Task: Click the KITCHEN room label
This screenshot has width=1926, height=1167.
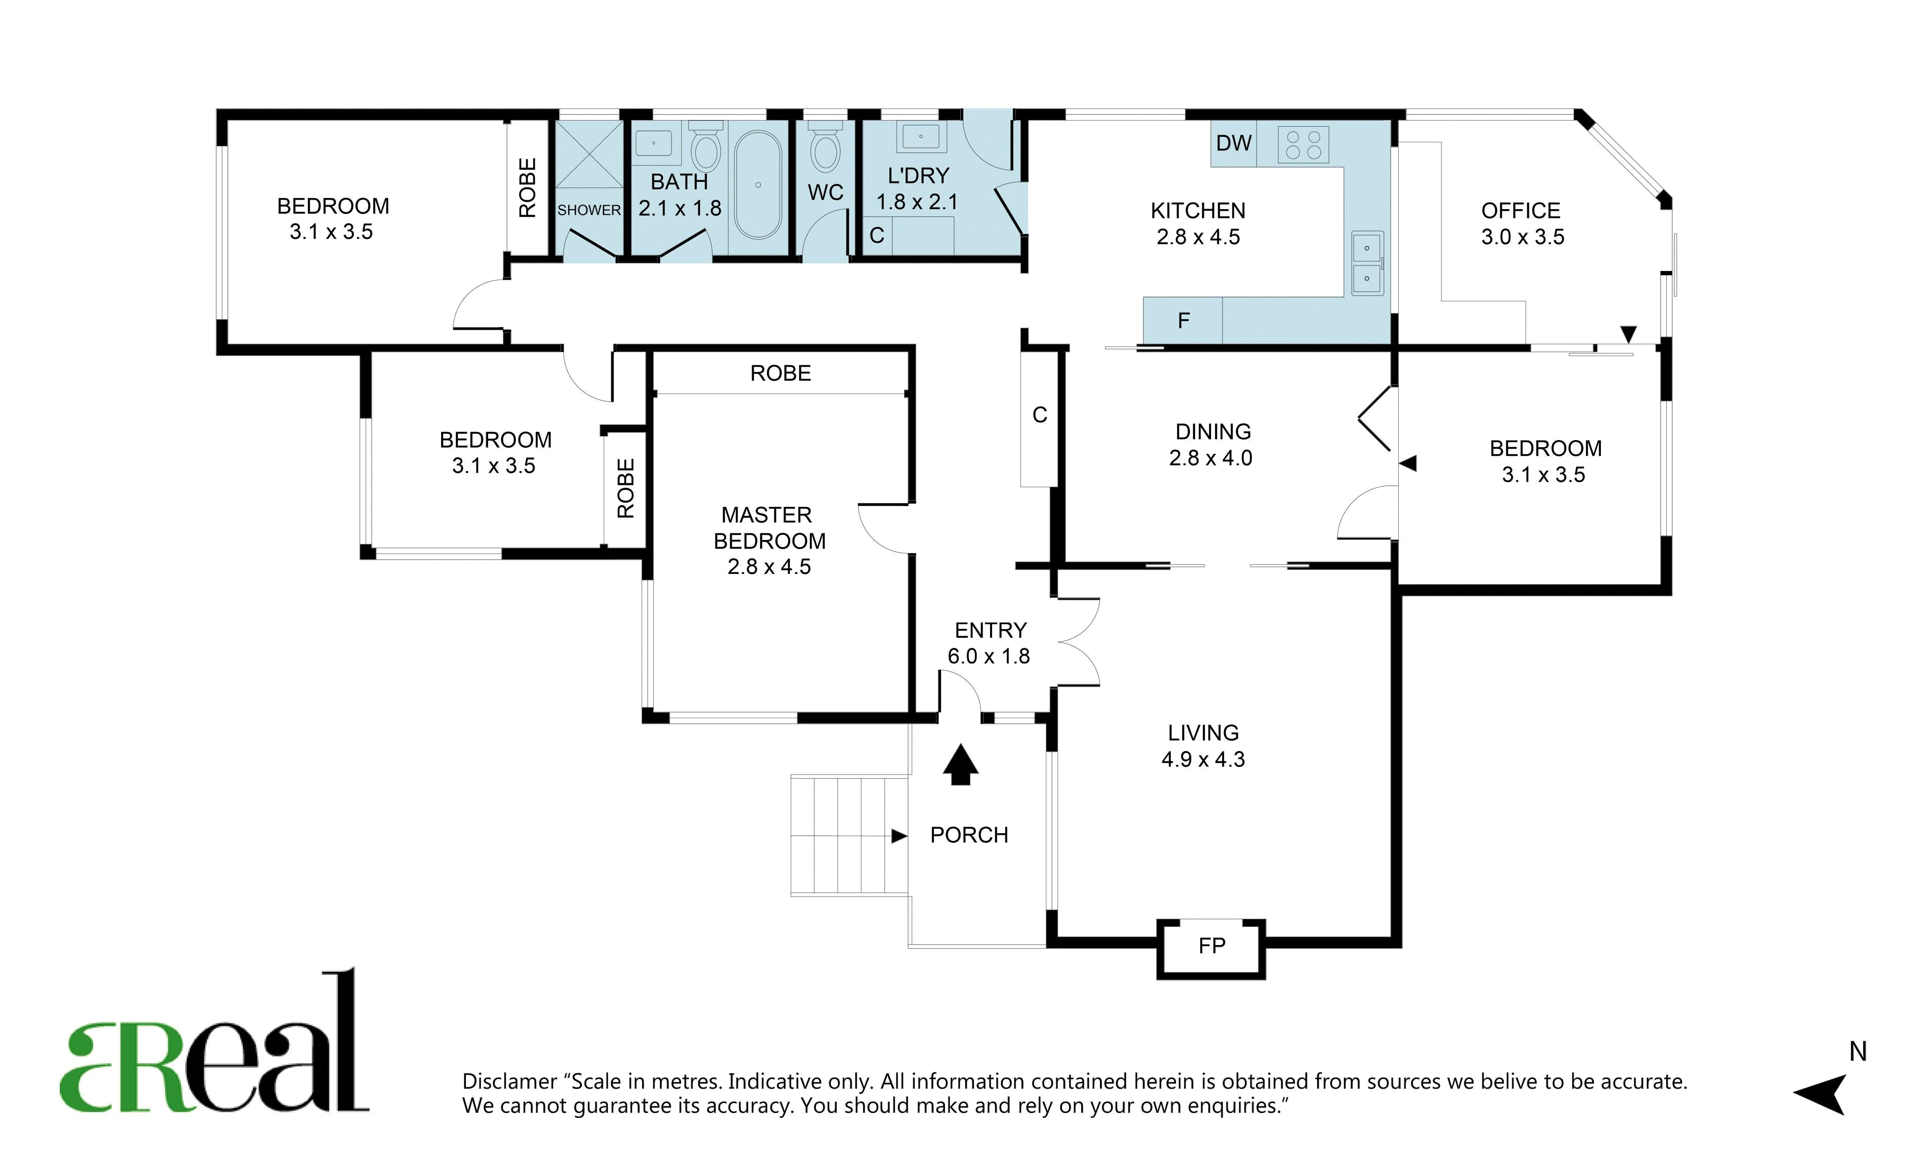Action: pos(1198,211)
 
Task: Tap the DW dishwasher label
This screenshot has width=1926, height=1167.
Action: pos(1234,143)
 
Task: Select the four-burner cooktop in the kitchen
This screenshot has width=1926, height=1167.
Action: pos(1303,144)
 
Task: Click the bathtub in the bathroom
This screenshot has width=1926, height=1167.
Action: pos(758,184)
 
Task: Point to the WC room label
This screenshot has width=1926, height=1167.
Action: pos(826,192)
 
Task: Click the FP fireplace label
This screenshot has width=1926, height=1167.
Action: pos(1211,946)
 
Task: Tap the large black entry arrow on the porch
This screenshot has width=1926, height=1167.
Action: pos(961,764)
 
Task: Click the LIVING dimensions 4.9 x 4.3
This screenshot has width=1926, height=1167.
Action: pos(1203,759)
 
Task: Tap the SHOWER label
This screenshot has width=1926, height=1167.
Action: pos(588,210)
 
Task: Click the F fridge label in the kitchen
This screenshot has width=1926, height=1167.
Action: pos(1184,321)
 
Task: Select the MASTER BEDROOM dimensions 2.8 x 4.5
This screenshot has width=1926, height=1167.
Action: pos(769,567)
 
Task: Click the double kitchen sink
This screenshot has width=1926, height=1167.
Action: pos(1367,263)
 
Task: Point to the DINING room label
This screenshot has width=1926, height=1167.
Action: pos(1213,432)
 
